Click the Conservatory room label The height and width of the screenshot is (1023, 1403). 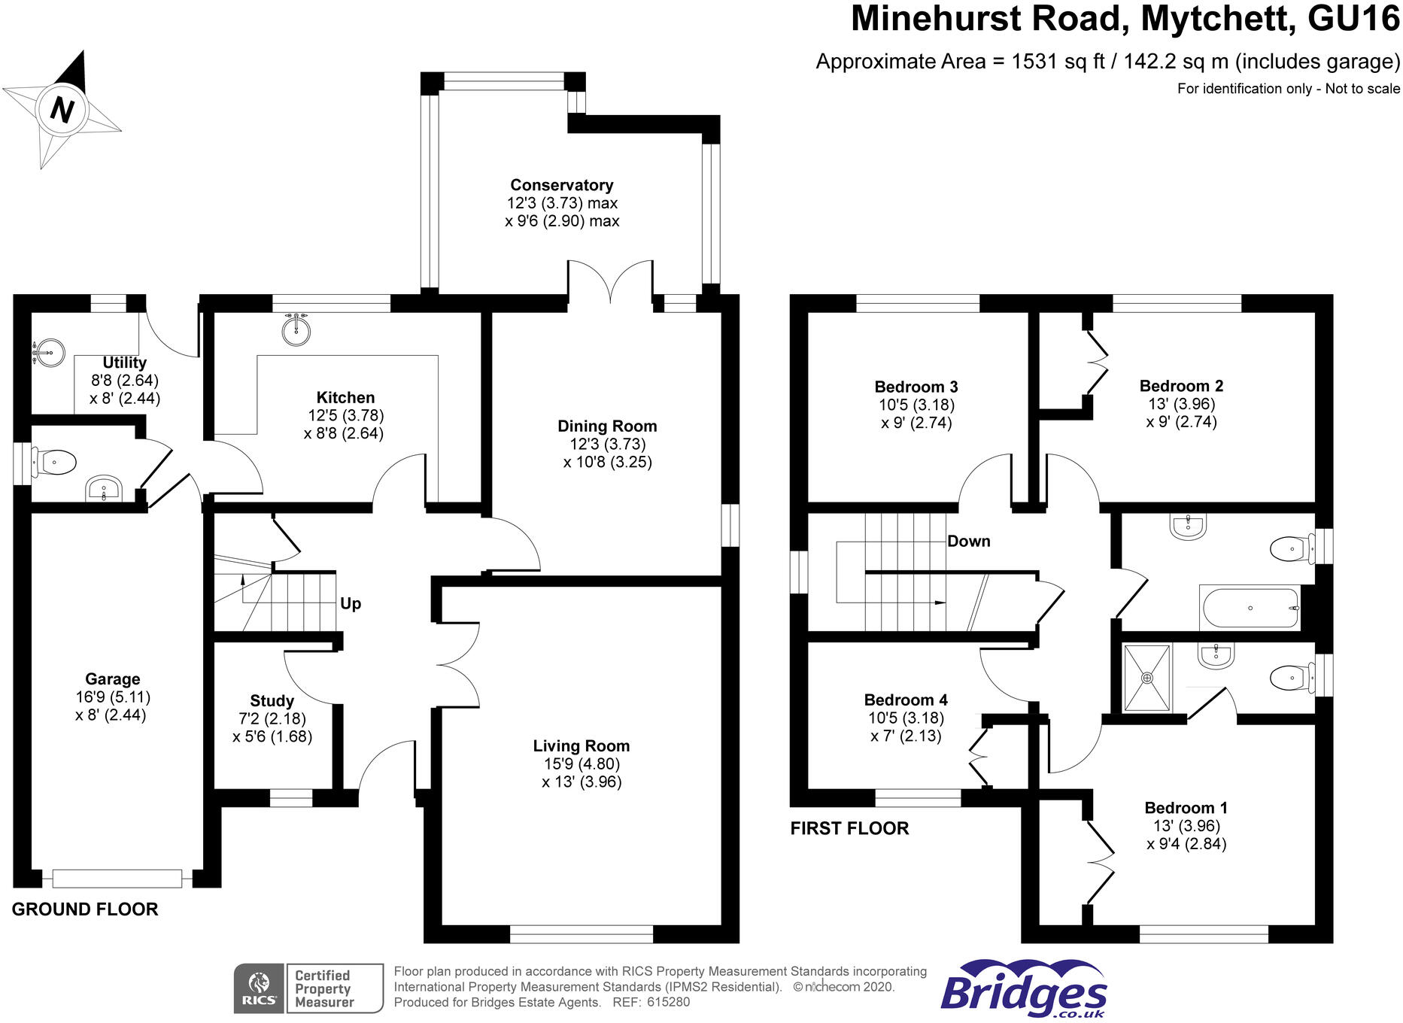pos(561,185)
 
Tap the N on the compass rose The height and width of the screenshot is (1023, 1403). pos(62,110)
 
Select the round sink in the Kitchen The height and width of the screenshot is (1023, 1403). pos(297,329)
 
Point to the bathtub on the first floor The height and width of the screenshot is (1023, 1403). pos(1250,608)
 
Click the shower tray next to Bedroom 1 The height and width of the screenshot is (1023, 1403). pos(1147,678)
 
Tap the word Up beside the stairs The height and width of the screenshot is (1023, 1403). pos(351,603)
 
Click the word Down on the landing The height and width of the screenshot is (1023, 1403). pos(968,541)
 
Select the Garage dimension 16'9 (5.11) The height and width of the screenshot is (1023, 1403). pos(113,697)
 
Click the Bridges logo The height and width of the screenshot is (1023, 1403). pos(1023,991)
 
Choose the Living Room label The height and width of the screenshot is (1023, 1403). pos(581,746)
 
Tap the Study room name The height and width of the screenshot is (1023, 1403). pos(272,700)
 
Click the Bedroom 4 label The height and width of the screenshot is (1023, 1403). pos(906,700)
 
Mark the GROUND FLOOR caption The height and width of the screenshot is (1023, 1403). pos(85,909)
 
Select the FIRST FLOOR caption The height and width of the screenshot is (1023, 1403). pos(849,828)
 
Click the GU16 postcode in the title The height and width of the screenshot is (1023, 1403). pos(1353,19)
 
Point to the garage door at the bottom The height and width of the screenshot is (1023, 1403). pos(117,878)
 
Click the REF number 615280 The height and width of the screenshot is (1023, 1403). pos(668,1002)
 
